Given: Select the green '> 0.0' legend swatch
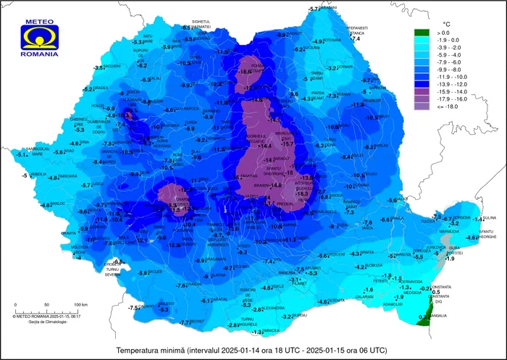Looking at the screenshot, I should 422,33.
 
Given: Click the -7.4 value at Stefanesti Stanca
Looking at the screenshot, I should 355,38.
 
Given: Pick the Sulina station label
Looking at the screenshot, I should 490,217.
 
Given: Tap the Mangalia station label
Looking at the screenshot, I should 437,315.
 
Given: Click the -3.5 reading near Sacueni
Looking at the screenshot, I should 99,67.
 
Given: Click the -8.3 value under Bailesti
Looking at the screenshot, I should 164,309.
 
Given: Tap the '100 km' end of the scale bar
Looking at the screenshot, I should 80,304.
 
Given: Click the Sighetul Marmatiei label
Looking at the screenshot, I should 195,24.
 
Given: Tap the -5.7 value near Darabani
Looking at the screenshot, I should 314,9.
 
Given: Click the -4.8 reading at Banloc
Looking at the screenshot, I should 46,206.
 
